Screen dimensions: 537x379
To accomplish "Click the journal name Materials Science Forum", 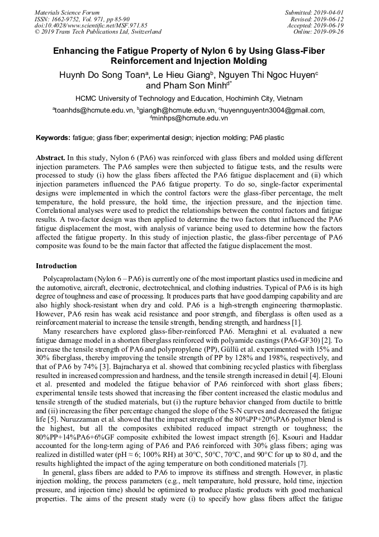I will pos(67,12).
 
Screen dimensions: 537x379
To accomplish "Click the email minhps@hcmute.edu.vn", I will pos(190,118).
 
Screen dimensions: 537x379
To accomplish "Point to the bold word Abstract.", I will pos(50,158).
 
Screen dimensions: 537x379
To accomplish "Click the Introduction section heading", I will pos(56,265).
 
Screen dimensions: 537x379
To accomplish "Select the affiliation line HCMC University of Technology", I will pos(189,98).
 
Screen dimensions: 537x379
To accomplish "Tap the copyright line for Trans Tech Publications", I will pos(98,32).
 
